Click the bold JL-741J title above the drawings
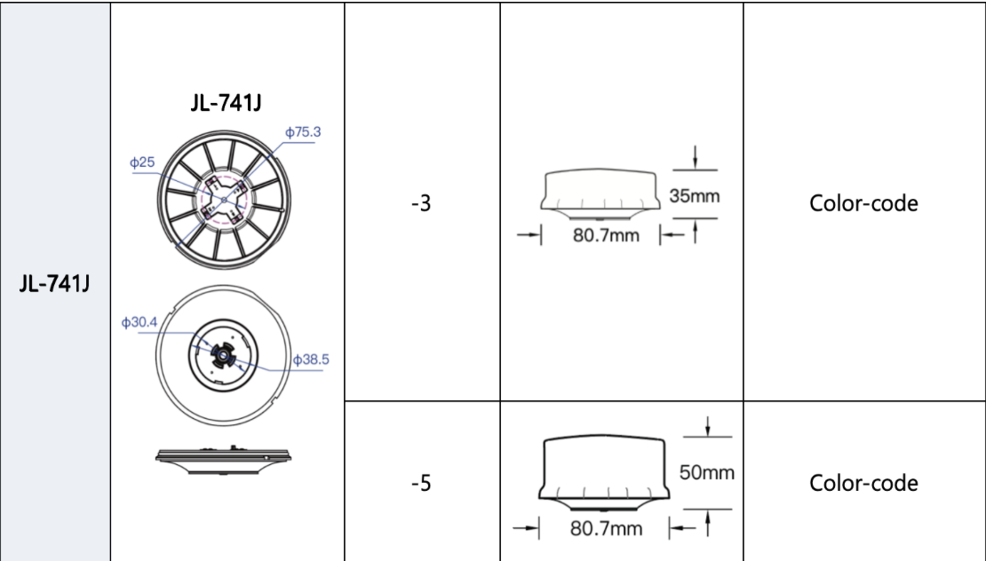point(226,102)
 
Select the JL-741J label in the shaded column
point(55,284)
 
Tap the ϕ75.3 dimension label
point(303,132)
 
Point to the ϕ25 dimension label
point(142,162)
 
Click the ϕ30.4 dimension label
point(139,322)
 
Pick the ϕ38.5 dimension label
point(311,360)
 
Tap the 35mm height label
point(695,196)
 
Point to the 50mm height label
point(707,472)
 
